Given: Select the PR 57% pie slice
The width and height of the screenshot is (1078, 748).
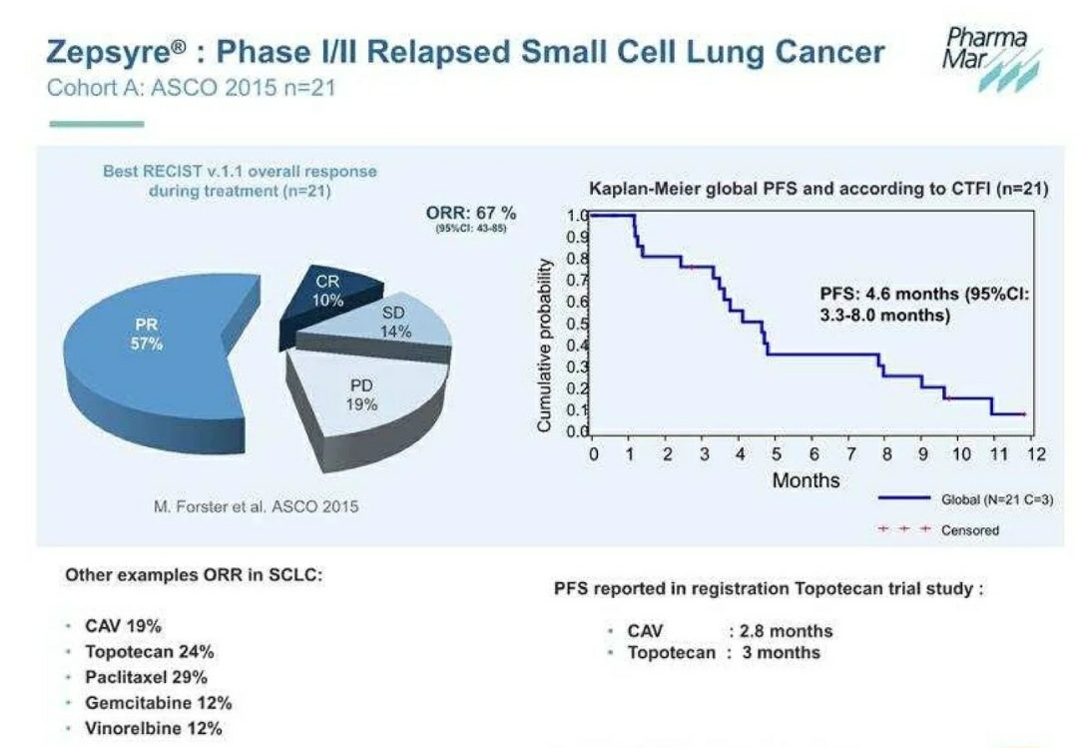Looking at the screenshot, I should [x=150, y=340].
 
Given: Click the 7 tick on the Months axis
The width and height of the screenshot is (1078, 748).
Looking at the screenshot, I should [x=849, y=454].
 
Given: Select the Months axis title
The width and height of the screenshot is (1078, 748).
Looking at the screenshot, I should [x=807, y=480].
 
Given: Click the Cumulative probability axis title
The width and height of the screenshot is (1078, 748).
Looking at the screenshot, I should [x=545, y=345].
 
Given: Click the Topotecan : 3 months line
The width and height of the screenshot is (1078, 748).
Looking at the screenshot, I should [x=723, y=652].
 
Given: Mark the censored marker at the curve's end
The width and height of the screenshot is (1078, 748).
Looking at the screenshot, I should [x=1025, y=413].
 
